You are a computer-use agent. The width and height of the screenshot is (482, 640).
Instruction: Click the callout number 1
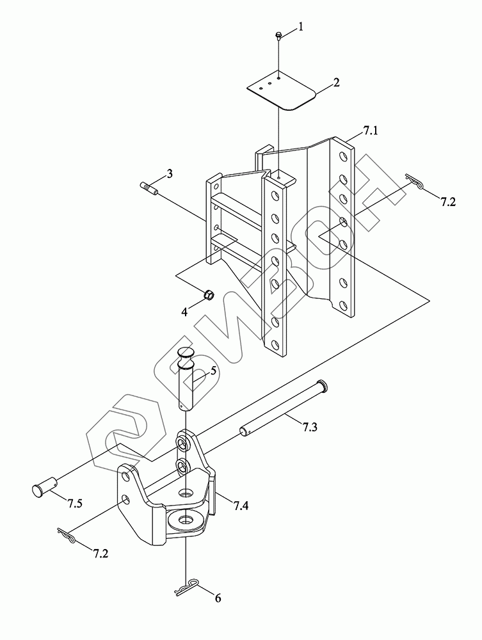300,28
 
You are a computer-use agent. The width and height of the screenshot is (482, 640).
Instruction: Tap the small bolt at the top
280,35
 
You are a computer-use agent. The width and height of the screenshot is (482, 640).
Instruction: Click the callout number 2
337,83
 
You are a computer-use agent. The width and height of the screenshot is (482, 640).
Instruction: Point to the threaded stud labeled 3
149,188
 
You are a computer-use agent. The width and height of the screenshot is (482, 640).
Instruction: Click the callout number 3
170,173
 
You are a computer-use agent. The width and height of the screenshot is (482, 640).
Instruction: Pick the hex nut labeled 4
209,294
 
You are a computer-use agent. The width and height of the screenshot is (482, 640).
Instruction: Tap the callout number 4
184,312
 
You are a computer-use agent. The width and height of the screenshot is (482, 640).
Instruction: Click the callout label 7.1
371,131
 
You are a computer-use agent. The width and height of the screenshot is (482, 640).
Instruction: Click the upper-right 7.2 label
448,202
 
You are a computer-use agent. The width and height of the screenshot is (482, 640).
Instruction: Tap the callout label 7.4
241,506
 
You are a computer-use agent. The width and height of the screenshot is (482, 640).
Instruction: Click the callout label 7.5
74,504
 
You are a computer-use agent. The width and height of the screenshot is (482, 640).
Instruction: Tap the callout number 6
218,598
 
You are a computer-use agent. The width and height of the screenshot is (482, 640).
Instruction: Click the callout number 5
213,371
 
